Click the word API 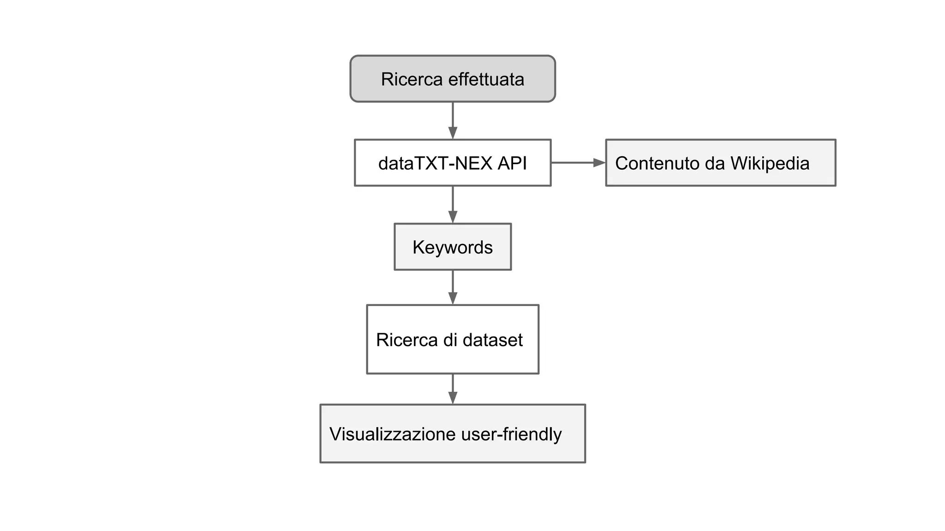[x=512, y=163]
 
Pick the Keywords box [x=453, y=247]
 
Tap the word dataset [x=492, y=340]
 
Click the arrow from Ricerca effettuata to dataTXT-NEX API [x=453, y=120]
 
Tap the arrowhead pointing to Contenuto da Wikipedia [x=599, y=163]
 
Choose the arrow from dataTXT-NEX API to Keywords [x=453, y=204]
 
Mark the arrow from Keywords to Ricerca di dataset [x=453, y=287]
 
